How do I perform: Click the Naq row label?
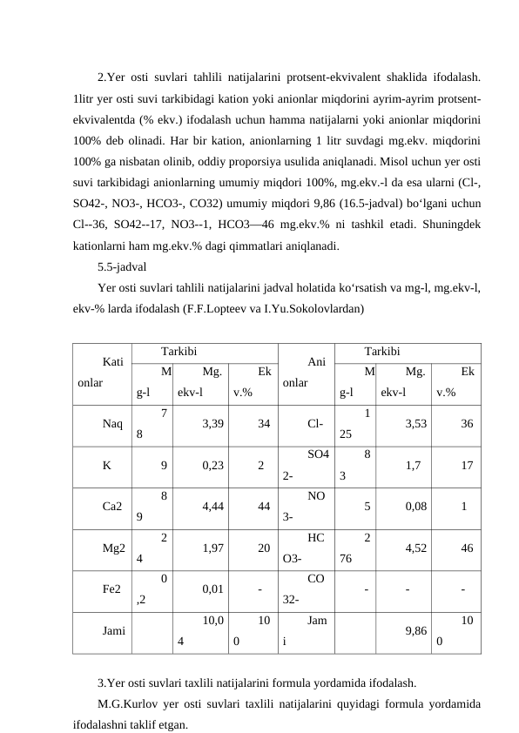coord(111,424)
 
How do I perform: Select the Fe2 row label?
coord(111,589)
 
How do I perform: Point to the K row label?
coord(106,465)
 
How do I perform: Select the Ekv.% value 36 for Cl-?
coord(468,424)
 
